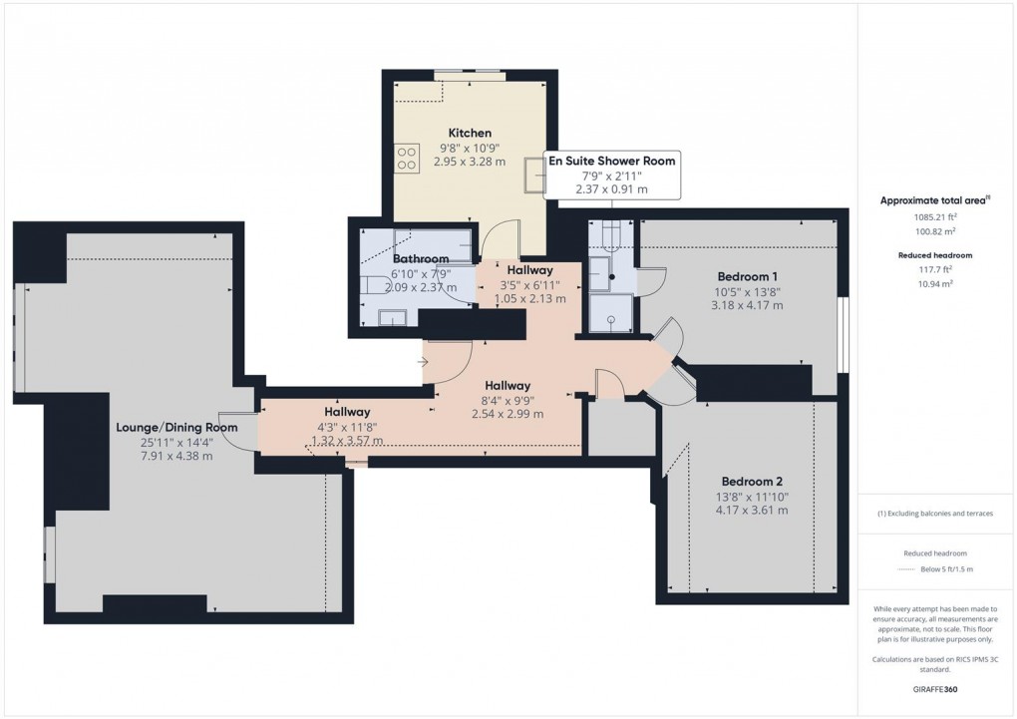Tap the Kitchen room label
pos(470,133)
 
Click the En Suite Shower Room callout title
pos(612,161)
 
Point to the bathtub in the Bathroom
pos(432,242)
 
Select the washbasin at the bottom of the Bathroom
pos(392,318)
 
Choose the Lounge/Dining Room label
pos(176,427)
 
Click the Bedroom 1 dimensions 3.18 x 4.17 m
pos(747,305)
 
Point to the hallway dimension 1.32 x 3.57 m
pos(346,440)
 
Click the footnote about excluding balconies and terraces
pos(934,514)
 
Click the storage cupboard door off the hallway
pos(607,383)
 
